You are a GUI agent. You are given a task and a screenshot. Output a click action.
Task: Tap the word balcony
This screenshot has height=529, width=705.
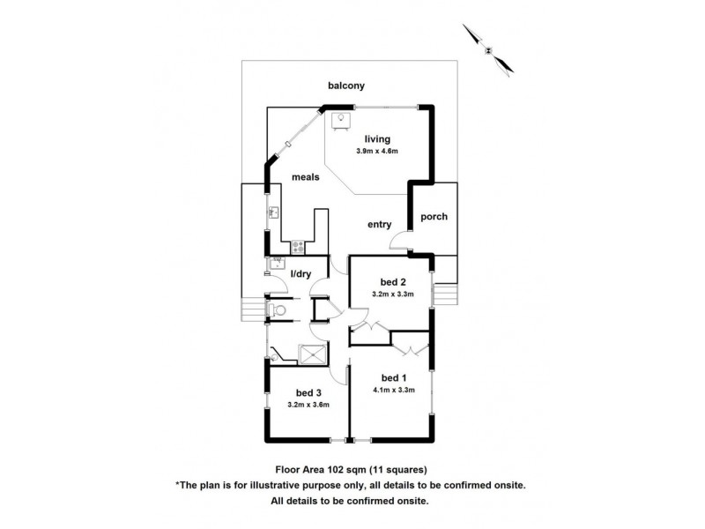346,86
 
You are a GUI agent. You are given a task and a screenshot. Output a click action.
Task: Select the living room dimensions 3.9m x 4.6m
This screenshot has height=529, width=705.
378,152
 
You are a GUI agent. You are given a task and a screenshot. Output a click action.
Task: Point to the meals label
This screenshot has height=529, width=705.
306,177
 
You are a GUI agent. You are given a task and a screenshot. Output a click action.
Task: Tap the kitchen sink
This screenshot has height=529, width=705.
273,212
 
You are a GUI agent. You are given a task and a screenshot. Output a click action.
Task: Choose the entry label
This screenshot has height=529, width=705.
380,224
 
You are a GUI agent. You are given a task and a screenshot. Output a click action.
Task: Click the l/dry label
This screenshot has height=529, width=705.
302,274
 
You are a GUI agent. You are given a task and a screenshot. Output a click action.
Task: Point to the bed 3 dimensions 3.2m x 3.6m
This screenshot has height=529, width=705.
308,405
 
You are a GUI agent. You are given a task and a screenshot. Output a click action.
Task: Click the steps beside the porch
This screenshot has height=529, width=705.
445,292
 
